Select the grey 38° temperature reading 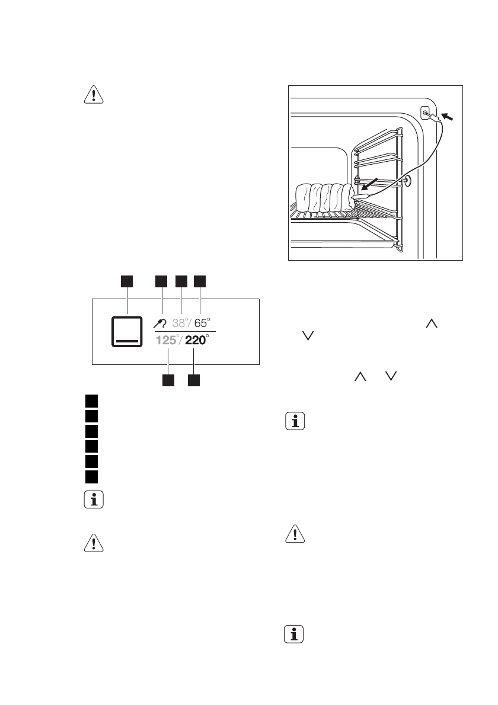(x=181, y=323)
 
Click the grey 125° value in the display (x=167, y=341)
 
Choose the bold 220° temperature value (x=196, y=341)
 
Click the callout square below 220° (x=194, y=380)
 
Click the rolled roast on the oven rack (x=324, y=198)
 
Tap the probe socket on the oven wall (x=426, y=112)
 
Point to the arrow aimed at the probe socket (x=450, y=118)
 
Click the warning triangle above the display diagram (x=92, y=96)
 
